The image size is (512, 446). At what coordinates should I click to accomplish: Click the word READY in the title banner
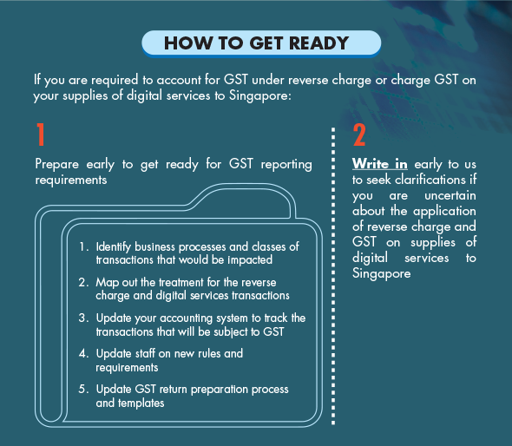(x=318, y=43)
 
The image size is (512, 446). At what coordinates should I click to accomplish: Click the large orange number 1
(x=41, y=134)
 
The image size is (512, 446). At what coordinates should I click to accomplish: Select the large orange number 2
(x=359, y=134)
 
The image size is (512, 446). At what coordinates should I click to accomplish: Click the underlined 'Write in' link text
(x=380, y=164)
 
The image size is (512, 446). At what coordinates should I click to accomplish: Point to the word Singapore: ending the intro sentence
(x=260, y=95)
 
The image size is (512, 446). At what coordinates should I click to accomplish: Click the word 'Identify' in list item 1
(x=114, y=246)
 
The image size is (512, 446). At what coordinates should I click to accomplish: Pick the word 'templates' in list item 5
(x=141, y=403)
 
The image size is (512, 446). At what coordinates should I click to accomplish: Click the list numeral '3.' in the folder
(x=83, y=318)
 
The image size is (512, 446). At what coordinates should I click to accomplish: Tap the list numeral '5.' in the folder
(x=83, y=389)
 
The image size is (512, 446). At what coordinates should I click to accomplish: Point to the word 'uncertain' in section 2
(x=450, y=195)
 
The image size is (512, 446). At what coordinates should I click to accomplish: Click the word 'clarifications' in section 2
(x=430, y=180)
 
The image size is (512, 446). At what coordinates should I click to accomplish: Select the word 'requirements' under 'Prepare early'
(x=71, y=180)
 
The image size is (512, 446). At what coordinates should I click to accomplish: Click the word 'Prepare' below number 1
(x=56, y=164)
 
